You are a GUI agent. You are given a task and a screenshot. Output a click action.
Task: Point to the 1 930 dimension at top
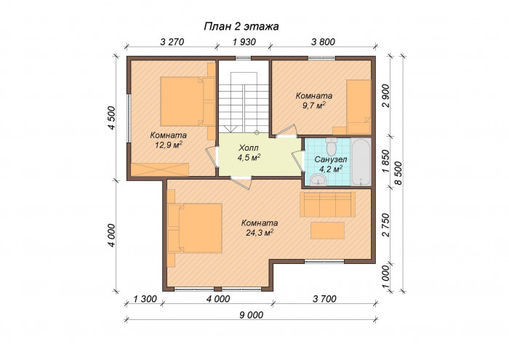click(244, 41)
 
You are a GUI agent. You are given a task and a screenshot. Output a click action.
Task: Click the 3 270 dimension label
click(172, 41)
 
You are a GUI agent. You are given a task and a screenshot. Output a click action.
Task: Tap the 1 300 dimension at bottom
click(147, 299)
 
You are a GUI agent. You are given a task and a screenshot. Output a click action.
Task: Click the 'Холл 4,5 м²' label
click(248, 151)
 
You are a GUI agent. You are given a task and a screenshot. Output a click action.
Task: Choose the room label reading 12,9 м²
click(168, 140)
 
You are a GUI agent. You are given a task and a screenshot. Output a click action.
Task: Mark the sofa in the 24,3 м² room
click(328, 203)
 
